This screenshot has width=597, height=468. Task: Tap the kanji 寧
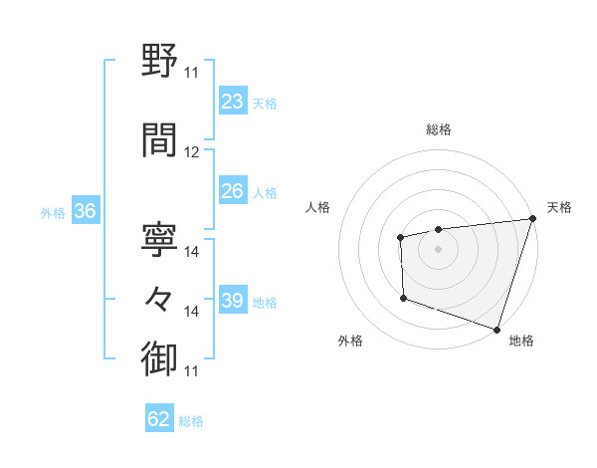[160, 240]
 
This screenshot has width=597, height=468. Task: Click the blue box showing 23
[233, 101]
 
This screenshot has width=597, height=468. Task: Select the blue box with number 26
[233, 191]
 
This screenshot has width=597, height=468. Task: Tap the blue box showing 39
[233, 301]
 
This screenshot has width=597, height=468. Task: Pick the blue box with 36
[85, 211]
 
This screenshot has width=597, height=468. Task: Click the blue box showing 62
[159, 419]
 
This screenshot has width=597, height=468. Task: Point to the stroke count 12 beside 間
[192, 152]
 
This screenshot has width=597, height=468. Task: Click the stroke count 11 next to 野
[192, 73]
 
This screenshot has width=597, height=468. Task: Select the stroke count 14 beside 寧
[192, 252]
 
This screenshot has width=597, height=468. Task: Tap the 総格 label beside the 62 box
[191, 421]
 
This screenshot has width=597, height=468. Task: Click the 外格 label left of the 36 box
[53, 213]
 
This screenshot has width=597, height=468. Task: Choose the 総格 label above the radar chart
[439, 129]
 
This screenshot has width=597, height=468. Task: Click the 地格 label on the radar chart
[521, 341]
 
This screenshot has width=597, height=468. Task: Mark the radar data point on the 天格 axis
[531, 219]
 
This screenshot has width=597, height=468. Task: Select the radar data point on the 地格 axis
[497, 329]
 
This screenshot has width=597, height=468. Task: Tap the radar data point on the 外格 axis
[403, 298]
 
